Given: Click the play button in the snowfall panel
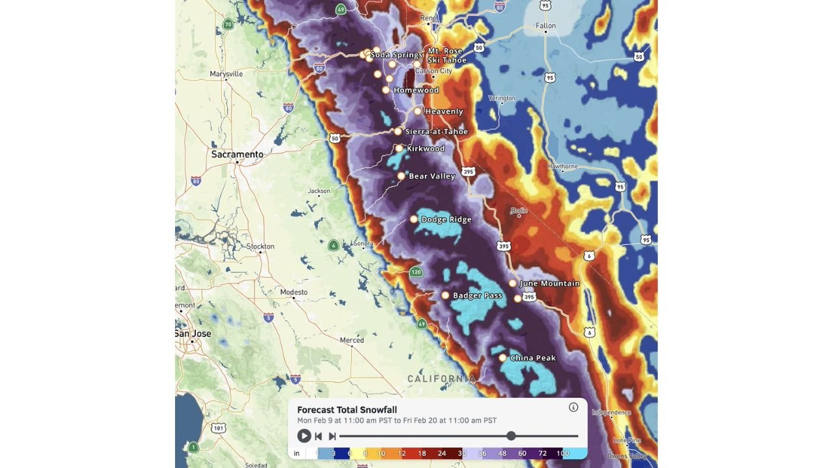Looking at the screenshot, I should point(304,436).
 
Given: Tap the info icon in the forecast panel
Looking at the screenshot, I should point(573,408).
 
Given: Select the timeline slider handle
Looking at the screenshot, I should point(511,436).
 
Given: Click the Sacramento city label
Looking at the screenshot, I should point(238,155).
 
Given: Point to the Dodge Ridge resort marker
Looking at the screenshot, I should point(413,220).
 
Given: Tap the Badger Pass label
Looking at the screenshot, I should point(478,296).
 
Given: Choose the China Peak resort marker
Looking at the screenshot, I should point(502,358).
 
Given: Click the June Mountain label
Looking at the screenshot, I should point(549,283).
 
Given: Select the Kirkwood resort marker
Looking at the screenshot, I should point(399,149).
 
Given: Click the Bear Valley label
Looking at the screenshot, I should point(431,176).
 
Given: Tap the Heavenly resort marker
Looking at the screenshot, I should point(418,111).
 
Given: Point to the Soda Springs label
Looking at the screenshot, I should point(396,55).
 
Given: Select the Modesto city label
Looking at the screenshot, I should point(294,292).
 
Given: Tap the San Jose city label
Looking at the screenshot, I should point(193,333).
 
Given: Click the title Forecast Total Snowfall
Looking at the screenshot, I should point(347,409).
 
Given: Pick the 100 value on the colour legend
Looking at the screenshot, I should point(562,453).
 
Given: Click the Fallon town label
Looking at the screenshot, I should point(545,26).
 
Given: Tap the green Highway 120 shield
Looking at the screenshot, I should point(416,272).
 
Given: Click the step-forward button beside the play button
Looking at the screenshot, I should point(332,436).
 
